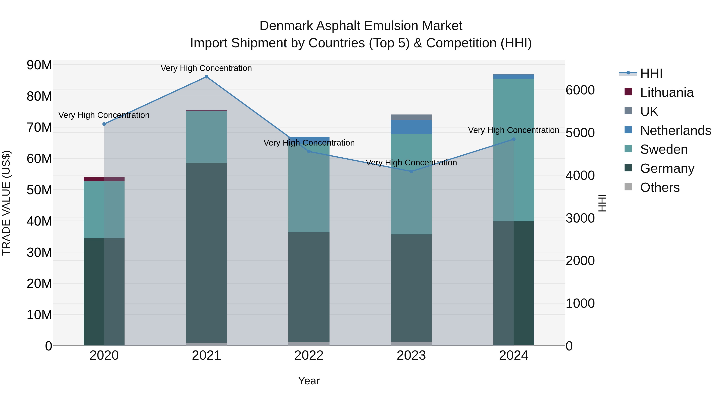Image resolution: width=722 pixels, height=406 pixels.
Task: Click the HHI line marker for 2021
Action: [206, 77]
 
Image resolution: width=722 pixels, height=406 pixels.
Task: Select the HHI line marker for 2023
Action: [411, 171]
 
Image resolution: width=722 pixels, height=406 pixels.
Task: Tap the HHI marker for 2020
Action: [104, 124]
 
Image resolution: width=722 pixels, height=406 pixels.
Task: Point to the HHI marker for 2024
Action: [513, 139]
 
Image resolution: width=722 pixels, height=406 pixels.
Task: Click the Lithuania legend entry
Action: [666, 92]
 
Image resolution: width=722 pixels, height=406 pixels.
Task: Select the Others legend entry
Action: [659, 187]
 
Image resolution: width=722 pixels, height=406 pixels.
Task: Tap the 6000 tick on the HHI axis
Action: [580, 90]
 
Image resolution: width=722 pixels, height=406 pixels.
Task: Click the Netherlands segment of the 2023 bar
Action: [411, 127]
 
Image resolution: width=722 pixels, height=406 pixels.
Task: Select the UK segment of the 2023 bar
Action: [411, 117]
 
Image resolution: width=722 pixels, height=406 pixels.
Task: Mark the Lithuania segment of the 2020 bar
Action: [104, 179]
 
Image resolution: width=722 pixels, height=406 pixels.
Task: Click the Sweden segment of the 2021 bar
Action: [206, 137]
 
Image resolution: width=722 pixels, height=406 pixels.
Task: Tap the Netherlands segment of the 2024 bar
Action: [513, 77]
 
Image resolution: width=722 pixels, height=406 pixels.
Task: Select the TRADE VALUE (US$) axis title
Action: [6, 203]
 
